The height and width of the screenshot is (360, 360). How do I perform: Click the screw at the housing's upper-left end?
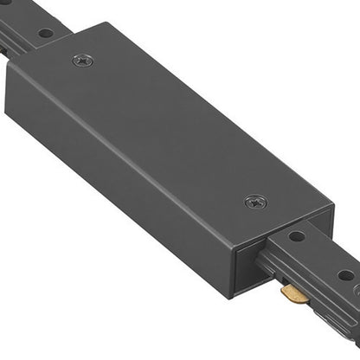coord(84,61)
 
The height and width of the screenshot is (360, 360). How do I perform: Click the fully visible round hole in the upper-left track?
coord(46,33)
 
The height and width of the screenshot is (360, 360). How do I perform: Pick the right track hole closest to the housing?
coord(296,235)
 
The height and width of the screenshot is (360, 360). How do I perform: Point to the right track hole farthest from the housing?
coord(345,275)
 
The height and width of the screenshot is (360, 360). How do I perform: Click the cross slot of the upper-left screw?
coord(84,61)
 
